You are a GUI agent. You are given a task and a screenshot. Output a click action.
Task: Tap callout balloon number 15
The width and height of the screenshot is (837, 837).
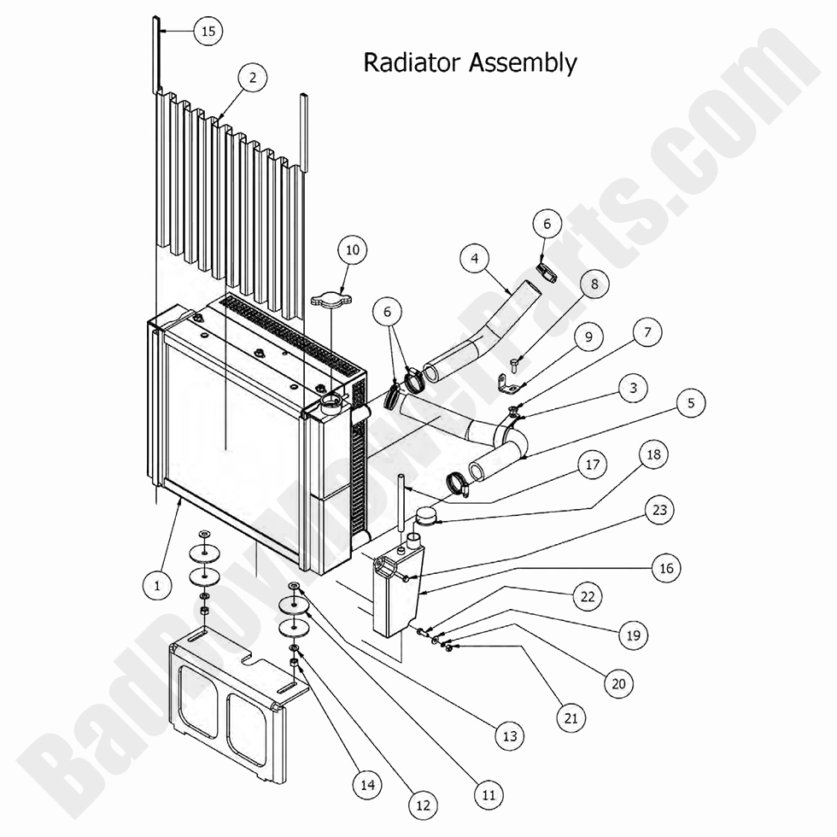tap(207, 32)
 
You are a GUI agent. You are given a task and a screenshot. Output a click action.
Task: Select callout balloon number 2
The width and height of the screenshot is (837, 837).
tap(252, 78)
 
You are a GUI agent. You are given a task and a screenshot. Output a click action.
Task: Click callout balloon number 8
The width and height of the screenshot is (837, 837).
tap(595, 283)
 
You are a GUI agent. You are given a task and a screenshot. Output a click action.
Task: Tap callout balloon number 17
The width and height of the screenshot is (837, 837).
tap(591, 465)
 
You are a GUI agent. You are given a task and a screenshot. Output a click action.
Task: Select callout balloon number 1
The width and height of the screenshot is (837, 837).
tap(157, 585)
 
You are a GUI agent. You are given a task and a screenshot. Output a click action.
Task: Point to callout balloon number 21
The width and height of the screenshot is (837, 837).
tap(571, 718)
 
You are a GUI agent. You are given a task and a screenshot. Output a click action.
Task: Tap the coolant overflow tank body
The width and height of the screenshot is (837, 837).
tap(395, 598)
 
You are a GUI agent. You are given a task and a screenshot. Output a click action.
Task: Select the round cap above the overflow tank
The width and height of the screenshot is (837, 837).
tap(427, 514)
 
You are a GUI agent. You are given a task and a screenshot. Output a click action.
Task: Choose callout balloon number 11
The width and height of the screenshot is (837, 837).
tap(489, 795)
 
